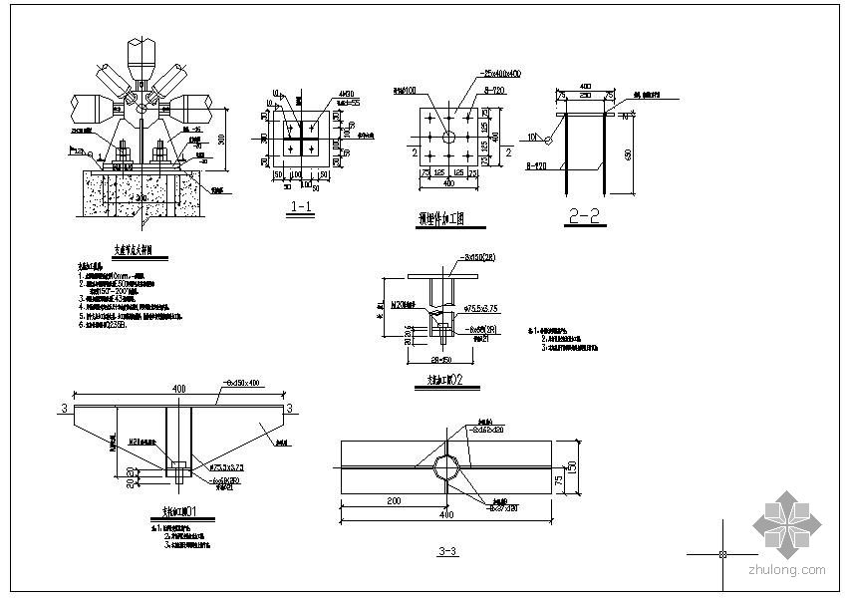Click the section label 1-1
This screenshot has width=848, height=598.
[300, 208]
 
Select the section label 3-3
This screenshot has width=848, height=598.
[447, 551]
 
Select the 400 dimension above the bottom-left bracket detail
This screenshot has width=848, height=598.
[177, 387]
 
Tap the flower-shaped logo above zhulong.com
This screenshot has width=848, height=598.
[787, 523]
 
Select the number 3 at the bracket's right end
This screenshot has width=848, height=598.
[290, 409]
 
